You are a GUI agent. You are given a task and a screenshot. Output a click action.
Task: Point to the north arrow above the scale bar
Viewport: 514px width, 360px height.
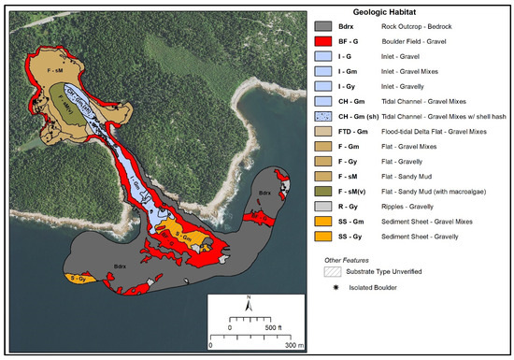pyautogui.click(x=250, y=302)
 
